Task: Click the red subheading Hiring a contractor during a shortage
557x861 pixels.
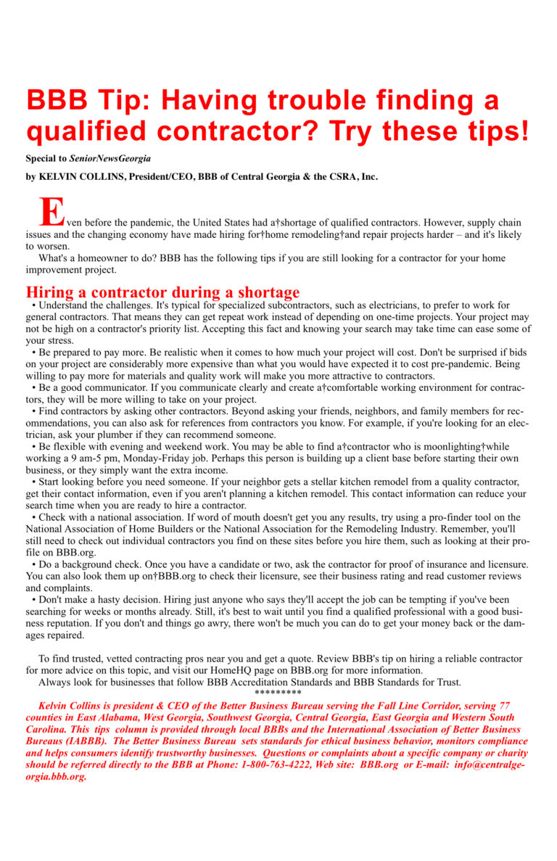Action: (x=162, y=292)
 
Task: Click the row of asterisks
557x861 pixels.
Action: (x=278, y=693)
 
